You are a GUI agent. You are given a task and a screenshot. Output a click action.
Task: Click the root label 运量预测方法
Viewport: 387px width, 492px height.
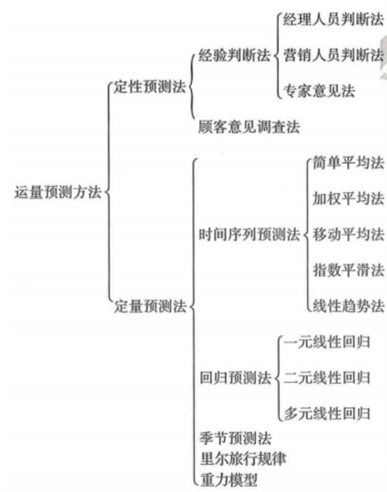coord(58,192)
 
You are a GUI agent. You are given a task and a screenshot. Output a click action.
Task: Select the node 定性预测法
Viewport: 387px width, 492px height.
coord(150,87)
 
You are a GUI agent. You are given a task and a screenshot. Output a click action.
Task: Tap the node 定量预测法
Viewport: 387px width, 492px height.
coord(150,306)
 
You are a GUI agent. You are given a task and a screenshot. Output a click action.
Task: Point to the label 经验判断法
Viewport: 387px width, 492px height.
coord(234,56)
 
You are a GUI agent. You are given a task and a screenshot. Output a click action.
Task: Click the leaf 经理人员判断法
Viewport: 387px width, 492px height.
coord(334,20)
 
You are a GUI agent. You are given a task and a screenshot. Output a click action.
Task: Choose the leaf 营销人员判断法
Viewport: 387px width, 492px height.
coord(334,55)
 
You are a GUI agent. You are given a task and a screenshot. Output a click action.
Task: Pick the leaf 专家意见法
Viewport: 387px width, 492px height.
coord(319,91)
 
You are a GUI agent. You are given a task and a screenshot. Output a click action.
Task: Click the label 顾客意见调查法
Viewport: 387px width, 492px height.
coord(249,127)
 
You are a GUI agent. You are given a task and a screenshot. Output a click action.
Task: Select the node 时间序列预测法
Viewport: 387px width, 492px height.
coord(249,235)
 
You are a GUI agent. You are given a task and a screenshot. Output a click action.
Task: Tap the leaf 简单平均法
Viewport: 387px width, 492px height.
coord(348,163)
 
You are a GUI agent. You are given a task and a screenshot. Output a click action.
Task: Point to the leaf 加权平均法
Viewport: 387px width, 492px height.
coord(348,198)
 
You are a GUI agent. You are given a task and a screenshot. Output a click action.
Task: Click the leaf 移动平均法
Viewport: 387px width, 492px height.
coord(348,235)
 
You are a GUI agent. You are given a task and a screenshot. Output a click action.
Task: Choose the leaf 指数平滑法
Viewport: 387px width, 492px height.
coord(348,270)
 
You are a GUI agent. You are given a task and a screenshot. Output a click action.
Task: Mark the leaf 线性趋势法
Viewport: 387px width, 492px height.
coord(348,306)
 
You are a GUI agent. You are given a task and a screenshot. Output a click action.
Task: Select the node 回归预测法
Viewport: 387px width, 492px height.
coord(235,377)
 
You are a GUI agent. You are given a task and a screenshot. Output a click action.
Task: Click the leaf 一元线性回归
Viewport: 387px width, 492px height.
coord(327,342)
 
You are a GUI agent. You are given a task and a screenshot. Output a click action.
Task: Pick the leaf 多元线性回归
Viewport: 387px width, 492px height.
coord(327,413)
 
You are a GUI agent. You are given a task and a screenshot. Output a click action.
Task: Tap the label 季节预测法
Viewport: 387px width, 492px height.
coord(235,438)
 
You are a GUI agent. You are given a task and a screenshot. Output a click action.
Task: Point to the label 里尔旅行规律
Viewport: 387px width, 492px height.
coord(243,459)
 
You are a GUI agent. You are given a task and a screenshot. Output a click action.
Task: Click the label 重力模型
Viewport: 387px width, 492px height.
coord(229,480)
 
